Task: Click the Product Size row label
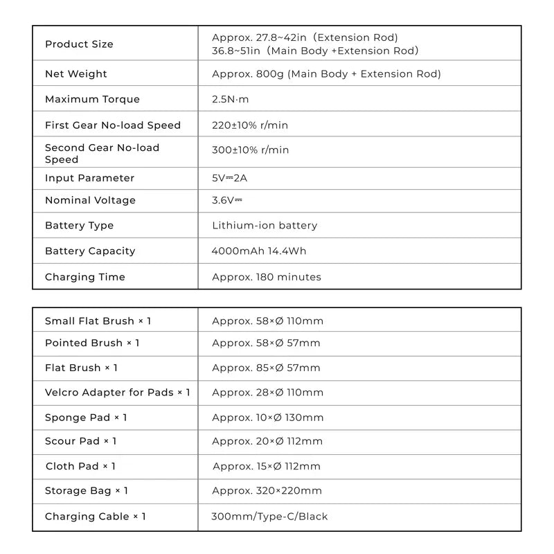79,44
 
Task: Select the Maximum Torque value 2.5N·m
230,99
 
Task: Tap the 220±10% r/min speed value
250,125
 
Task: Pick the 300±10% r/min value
250,150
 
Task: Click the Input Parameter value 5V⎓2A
229,178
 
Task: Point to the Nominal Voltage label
90,200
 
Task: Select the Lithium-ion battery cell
265,225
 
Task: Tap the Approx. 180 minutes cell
267,277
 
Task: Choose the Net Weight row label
76,73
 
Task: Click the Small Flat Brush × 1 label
98,321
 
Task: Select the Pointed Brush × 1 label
92,343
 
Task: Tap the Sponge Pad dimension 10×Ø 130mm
267,418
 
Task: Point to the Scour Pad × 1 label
80,441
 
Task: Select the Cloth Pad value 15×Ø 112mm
267,466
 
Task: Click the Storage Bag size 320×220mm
267,491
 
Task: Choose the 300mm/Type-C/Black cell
269,517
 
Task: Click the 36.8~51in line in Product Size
315,51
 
